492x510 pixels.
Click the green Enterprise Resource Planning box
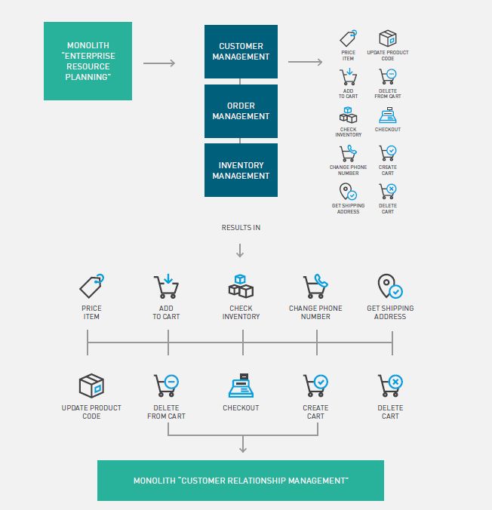[x=88, y=61]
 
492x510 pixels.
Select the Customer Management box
[x=241, y=51]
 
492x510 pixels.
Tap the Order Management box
[x=241, y=111]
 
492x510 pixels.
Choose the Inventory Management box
[x=241, y=171]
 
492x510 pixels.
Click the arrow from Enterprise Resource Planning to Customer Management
[x=158, y=63]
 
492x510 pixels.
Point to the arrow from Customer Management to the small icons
[x=305, y=62]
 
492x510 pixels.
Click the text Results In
[x=241, y=227]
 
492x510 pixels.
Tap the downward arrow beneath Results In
[x=241, y=250]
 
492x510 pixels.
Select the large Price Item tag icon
[x=91, y=286]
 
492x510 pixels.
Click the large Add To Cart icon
[x=166, y=286]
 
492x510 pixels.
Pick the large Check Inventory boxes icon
[x=241, y=286]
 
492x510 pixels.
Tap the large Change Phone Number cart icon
[x=315, y=286]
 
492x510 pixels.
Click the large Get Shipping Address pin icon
[x=389, y=286]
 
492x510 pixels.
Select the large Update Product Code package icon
[x=91, y=386]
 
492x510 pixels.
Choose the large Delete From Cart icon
[x=166, y=386]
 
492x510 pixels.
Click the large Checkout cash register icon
[x=241, y=386]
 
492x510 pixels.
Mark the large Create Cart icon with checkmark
[x=315, y=386]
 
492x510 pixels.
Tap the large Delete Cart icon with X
[x=390, y=386]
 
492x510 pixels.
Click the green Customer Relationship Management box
[x=241, y=481]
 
